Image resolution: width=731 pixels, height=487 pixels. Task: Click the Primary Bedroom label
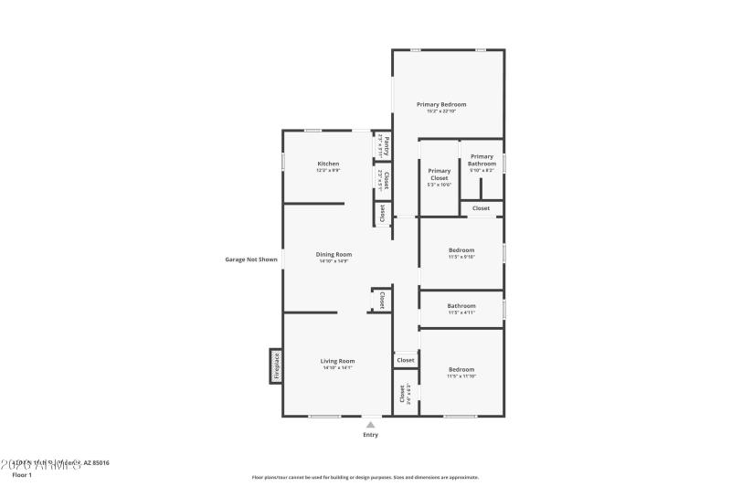(x=441, y=104)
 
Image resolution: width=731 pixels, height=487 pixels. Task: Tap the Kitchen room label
(x=328, y=164)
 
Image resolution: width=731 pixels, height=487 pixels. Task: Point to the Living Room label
(x=337, y=361)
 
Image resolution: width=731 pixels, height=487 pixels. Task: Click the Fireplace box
(x=275, y=365)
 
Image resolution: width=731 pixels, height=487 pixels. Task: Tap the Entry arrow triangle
(x=370, y=425)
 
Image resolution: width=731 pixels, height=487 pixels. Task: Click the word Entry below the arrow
(x=370, y=435)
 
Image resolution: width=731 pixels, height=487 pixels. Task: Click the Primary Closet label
(x=440, y=174)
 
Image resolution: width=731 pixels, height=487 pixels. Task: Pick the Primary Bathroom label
(x=482, y=160)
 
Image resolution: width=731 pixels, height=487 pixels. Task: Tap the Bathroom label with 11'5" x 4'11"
(x=461, y=306)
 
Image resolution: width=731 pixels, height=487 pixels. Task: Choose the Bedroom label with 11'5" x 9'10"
(x=461, y=249)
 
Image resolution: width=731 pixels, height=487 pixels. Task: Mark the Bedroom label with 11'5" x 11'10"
(x=461, y=369)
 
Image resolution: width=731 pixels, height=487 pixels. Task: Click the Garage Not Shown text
(x=251, y=259)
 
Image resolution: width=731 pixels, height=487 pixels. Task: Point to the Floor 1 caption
(x=22, y=475)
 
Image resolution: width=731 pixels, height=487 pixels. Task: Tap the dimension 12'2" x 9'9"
(x=328, y=171)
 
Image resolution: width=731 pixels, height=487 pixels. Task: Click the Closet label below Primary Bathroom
(x=482, y=208)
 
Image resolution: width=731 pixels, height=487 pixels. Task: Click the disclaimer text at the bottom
(x=365, y=477)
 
